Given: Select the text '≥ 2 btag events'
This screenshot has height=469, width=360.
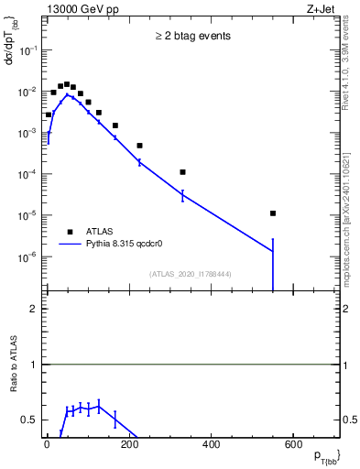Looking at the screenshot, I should coord(192,36).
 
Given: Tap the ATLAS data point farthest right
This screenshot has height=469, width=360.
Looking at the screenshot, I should coord(273,213).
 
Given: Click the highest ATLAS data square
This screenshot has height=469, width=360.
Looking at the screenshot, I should coord(66,84).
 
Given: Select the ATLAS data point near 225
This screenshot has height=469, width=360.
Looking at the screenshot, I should coord(140,146).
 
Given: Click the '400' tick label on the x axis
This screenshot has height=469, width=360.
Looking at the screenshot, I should coord(211,445).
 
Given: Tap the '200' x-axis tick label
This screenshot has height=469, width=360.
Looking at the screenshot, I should coord(129,445).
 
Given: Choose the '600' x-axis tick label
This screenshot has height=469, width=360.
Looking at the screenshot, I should coord(292,445).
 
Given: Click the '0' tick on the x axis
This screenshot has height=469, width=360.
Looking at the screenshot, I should coord(48,445).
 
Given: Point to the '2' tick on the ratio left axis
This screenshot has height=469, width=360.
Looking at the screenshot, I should coord(34,309).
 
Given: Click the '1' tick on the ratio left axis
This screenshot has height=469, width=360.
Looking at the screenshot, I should coord(34,365).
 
